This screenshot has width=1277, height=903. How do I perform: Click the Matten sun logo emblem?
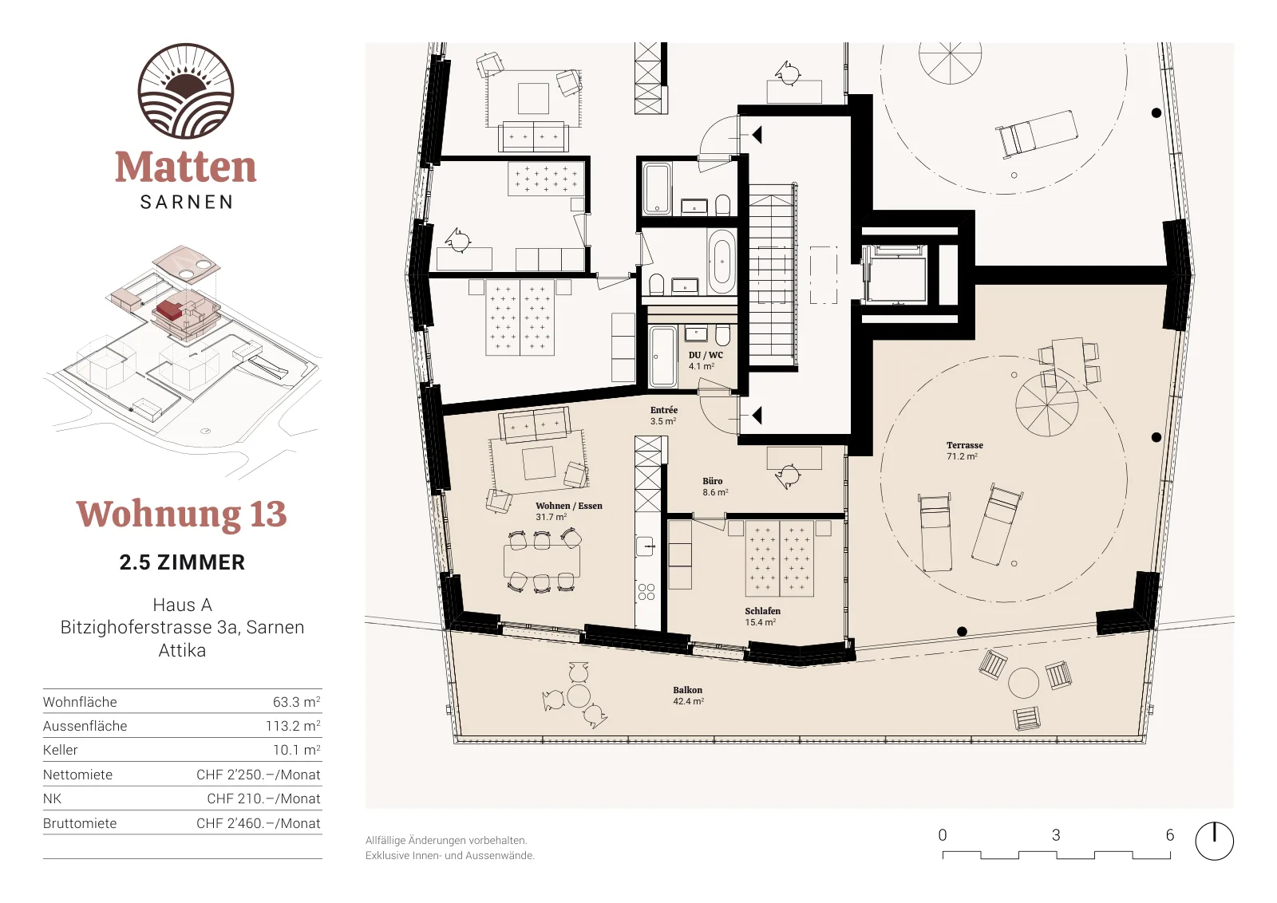(x=186, y=91)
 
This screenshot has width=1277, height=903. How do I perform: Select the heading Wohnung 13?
(x=181, y=514)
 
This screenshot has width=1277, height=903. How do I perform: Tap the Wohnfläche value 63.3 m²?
(x=296, y=702)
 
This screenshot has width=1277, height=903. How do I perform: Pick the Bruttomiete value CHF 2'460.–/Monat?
(x=259, y=823)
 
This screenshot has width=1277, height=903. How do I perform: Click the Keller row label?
(x=60, y=750)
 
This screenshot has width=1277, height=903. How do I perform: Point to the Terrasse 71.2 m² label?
(x=965, y=451)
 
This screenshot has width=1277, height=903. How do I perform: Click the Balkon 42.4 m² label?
(x=688, y=696)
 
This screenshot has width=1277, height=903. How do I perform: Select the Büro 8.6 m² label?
(x=715, y=487)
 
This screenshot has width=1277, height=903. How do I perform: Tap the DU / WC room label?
(x=706, y=355)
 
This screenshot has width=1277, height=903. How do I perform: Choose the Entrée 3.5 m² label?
(x=663, y=416)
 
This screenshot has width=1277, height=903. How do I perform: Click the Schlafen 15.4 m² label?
(x=762, y=617)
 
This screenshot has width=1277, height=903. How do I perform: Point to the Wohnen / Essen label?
(x=568, y=506)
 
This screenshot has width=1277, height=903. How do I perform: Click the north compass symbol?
(x=1214, y=840)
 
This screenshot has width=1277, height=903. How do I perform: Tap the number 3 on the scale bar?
(x=1056, y=835)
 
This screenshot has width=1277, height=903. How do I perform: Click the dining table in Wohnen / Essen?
(x=542, y=561)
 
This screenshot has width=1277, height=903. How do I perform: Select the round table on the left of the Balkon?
(x=579, y=696)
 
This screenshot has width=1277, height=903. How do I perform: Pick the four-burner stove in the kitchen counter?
(x=646, y=592)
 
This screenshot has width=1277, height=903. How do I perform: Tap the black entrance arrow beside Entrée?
(x=757, y=416)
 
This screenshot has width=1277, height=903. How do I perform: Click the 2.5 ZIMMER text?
(x=182, y=562)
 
